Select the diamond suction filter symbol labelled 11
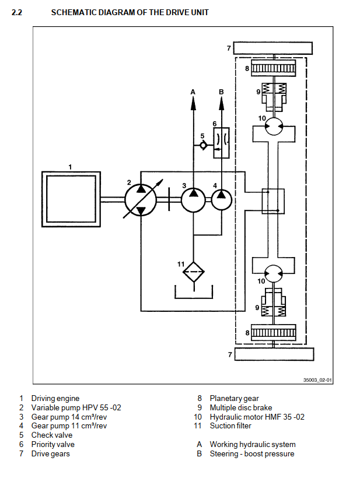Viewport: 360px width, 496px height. point(194,272)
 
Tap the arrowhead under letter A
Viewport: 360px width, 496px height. point(194,104)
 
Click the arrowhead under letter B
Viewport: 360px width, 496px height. point(221,104)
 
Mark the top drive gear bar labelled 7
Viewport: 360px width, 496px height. point(273,48)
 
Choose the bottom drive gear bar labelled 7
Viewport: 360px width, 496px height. point(273,354)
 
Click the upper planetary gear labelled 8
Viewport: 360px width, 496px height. point(273,69)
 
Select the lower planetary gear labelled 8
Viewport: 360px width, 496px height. point(273,333)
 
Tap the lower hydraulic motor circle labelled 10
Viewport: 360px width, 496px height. point(273,273)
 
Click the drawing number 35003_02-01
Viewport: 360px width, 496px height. point(317,380)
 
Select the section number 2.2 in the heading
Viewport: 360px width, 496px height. point(17,12)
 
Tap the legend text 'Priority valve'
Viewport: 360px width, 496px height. point(53,444)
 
